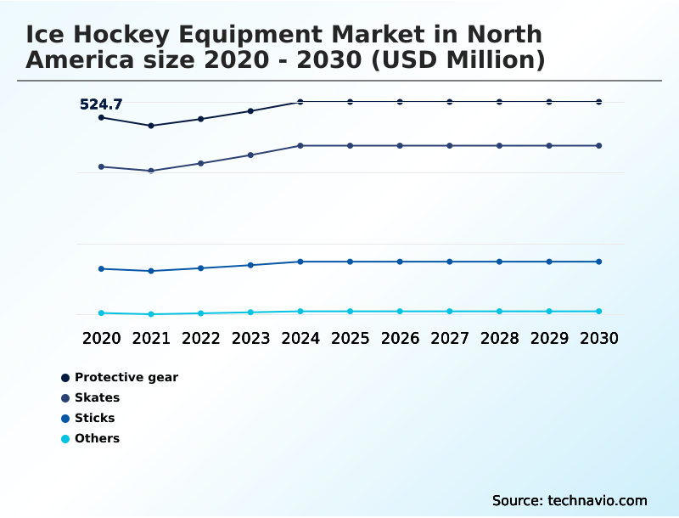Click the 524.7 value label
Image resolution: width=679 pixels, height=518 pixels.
[x=101, y=104]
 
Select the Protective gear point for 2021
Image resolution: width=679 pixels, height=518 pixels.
[x=151, y=126]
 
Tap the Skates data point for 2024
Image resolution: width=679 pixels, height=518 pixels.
[x=300, y=146]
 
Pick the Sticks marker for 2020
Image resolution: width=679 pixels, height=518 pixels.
[x=101, y=269]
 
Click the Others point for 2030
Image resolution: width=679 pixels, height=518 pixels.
[x=598, y=312]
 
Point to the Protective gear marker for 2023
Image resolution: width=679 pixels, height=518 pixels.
[x=250, y=111]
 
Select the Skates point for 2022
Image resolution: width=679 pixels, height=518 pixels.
[x=200, y=163]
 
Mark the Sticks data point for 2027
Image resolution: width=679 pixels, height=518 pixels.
[x=450, y=262]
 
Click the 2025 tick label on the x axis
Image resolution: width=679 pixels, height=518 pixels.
[x=350, y=338]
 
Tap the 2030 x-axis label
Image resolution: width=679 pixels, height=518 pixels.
[x=598, y=338]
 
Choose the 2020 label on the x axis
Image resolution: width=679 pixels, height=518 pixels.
[x=101, y=338]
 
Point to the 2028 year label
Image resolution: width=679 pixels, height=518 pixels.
[x=499, y=338]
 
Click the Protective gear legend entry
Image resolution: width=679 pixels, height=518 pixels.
[x=126, y=377]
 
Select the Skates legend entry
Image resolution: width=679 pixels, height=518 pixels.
[x=97, y=397]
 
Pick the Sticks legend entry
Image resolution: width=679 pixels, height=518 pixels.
[x=94, y=418]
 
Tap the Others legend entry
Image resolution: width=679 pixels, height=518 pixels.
[x=97, y=438]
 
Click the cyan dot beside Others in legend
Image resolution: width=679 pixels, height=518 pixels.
[x=65, y=439]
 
